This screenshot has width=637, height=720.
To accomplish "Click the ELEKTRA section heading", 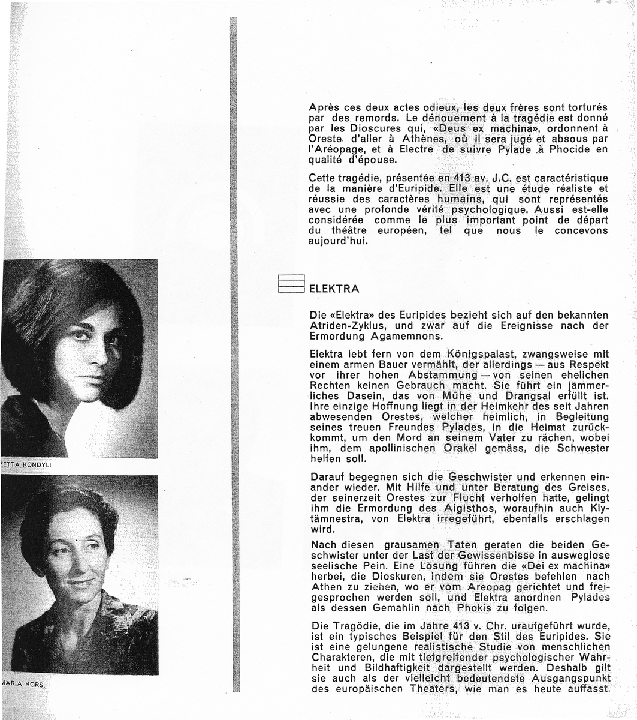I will [x=334, y=289].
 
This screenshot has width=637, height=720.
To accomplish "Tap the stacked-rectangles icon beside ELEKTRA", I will [x=291, y=284].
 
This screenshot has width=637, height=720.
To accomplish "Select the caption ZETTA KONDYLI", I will [x=27, y=465].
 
